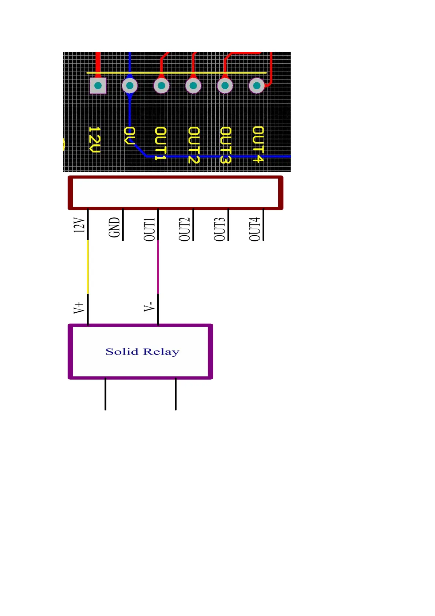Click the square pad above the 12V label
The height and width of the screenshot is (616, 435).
pyautogui.click(x=98, y=86)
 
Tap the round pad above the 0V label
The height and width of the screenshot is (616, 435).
pyautogui.click(x=129, y=86)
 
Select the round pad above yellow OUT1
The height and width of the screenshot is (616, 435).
pyautogui.click(x=161, y=86)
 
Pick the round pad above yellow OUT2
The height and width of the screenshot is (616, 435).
pyautogui.click(x=193, y=86)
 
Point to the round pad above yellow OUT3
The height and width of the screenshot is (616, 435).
pyautogui.click(x=225, y=86)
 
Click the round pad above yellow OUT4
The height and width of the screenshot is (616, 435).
pyautogui.click(x=257, y=86)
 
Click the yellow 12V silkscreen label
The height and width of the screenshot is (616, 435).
pyautogui.click(x=95, y=140)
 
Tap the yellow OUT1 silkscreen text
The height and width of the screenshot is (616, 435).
pyautogui.click(x=161, y=143)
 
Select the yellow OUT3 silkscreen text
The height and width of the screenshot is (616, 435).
pyautogui.click(x=226, y=145)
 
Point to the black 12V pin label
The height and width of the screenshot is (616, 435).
pyautogui.click(x=79, y=225)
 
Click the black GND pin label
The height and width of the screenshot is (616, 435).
pyautogui.click(x=114, y=227)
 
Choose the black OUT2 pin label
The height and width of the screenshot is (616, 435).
pyautogui.click(x=185, y=229)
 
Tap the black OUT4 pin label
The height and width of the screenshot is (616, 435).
pyautogui.click(x=255, y=229)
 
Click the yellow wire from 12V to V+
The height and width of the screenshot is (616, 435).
pyautogui.click(x=88, y=267)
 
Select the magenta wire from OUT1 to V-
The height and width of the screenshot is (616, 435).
pyautogui.click(x=158, y=267)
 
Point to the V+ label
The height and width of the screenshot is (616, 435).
pyautogui.click(x=79, y=308)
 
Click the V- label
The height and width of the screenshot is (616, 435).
pyautogui.click(x=149, y=307)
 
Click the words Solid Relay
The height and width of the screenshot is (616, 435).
pyautogui.click(x=142, y=352)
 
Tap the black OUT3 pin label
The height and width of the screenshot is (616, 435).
pyautogui.click(x=220, y=229)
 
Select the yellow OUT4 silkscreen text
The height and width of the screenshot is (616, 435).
pyautogui.click(x=258, y=144)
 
